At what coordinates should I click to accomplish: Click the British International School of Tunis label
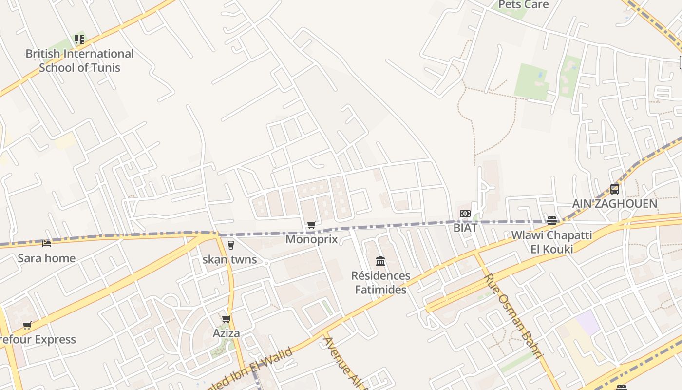[79, 60]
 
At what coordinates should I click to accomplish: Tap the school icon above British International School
[79, 39]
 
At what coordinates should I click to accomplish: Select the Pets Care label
[523, 5]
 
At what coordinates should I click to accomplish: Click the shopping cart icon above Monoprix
[311, 225]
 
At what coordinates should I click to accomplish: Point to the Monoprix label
[311, 239]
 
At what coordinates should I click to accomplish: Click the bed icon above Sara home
[47, 243]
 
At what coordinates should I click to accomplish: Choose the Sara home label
[47, 258]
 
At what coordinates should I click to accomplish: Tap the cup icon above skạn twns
[230, 245]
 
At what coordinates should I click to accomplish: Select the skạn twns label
[229, 259]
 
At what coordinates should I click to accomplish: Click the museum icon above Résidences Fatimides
[380, 261]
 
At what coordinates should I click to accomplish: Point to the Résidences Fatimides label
[380, 283]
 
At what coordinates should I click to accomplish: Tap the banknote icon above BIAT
[465, 214]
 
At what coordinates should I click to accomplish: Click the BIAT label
[465, 228]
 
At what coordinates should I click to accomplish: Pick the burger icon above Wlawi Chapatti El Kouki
[551, 221]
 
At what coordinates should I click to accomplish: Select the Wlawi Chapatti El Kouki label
[551, 242]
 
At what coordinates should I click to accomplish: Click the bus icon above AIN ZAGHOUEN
[615, 189]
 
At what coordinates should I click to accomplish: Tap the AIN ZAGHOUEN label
[615, 203]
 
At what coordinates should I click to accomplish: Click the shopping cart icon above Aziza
[226, 319]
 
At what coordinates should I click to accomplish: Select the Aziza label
[226, 333]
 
